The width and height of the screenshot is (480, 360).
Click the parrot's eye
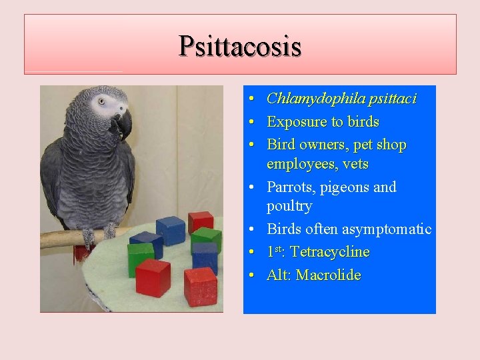[x=102, y=102]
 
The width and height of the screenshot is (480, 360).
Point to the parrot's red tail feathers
[x=81, y=253]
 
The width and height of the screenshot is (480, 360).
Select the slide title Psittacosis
[x=240, y=46]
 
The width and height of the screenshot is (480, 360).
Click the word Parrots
[x=291, y=187]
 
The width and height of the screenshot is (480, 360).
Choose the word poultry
[x=289, y=206]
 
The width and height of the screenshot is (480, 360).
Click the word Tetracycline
[x=330, y=252]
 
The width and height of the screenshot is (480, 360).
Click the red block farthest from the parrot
[x=201, y=286]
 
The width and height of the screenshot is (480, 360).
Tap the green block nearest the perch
[x=141, y=258]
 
